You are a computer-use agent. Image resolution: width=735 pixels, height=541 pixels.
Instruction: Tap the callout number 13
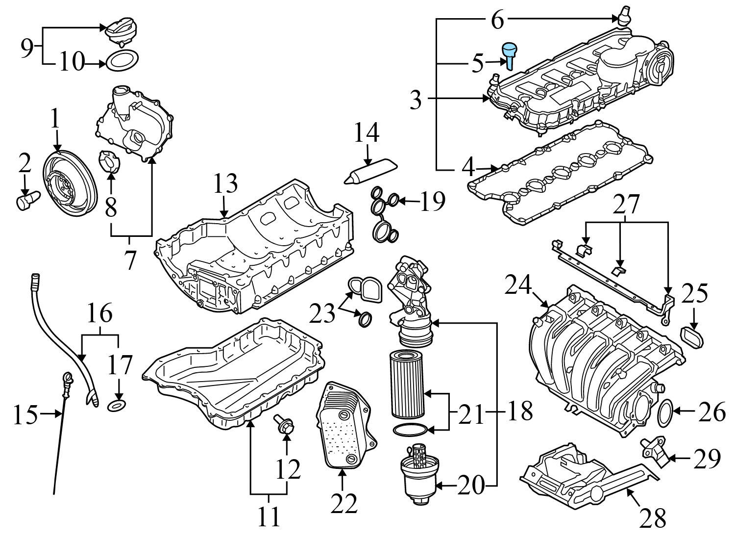click(x=225, y=183)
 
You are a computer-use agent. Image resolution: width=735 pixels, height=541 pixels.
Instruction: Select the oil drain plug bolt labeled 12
click(x=285, y=423)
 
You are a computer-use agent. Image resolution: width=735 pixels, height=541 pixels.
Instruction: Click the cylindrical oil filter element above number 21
click(x=407, y=383)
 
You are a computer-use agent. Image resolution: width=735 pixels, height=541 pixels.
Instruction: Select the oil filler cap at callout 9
click(x=121, y=31)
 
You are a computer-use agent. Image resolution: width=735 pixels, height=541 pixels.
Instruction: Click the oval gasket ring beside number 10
click(x=122, y=61)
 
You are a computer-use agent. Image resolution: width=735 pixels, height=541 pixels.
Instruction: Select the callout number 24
click(x=518, y=286)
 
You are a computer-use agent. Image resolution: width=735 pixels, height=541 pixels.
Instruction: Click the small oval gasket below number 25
click(x=692, y=338)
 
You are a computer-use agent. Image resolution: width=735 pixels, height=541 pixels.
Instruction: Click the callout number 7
click(x=129, y=259)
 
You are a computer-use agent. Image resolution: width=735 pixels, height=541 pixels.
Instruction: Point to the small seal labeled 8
click(x=110, y=162)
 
